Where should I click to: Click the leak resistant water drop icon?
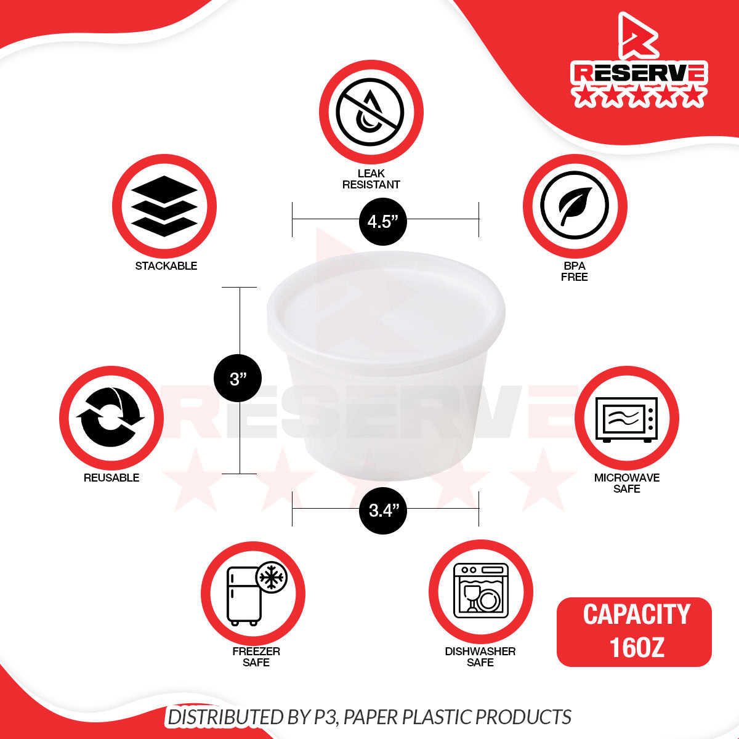(x=370, y=112)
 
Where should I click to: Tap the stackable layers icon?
(x=164, y=206)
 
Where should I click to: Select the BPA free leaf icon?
(x=575, y=205)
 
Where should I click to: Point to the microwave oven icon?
(x=627, y=419)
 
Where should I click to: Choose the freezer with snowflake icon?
(x=257, y=594)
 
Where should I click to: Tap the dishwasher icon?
(x=481, y=591)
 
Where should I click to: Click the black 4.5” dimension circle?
(x=382, y=222)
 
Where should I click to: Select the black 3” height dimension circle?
(x=238, y=378)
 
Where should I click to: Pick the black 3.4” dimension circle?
(x=382, y=511)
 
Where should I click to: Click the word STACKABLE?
(x=166, y=266)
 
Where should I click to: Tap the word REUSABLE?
(x=111, y=478)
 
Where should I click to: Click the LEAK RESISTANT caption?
(x=371, y=179)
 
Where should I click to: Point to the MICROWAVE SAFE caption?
(x=627, y=483)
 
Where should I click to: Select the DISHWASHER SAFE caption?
(x=480, y=657)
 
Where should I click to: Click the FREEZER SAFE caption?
(x=256, y=657)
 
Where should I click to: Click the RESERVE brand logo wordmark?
(x=639, y=73)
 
